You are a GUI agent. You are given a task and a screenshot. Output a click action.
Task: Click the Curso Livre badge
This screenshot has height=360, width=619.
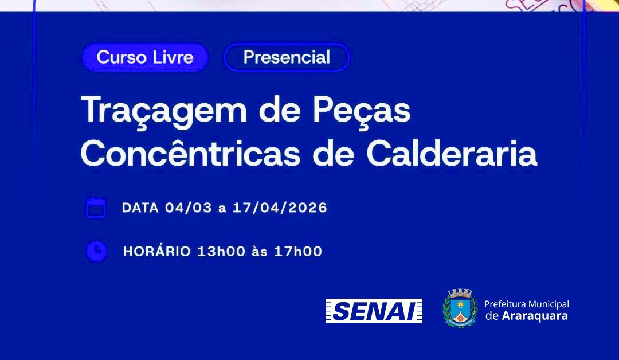145,57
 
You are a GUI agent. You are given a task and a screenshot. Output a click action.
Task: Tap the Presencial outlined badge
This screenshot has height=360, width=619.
287,57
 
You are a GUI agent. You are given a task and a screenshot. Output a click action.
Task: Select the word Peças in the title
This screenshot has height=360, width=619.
362,111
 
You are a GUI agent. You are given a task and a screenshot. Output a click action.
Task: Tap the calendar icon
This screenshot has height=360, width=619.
96,208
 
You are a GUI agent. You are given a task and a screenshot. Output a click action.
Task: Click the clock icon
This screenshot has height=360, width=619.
96,251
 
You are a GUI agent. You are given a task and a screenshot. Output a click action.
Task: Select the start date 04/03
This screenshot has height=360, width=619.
189,208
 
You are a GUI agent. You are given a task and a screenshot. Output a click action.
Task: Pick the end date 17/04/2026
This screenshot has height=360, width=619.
280,208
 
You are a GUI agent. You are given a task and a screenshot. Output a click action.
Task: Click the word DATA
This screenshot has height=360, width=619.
140,208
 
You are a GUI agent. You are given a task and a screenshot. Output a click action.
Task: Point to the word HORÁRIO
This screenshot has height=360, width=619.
157,251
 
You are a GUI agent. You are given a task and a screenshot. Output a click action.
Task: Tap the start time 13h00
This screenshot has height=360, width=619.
221,251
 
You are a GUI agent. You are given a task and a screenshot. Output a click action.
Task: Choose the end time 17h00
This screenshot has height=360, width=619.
298,251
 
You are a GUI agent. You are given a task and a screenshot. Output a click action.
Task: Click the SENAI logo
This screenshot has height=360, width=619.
374,311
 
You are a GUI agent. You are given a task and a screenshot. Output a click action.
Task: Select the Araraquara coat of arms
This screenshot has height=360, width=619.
460,308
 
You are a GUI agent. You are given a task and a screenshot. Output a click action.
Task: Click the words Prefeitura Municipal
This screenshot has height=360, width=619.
527,304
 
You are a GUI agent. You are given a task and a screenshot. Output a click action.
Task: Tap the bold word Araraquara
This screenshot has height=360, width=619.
535,316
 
